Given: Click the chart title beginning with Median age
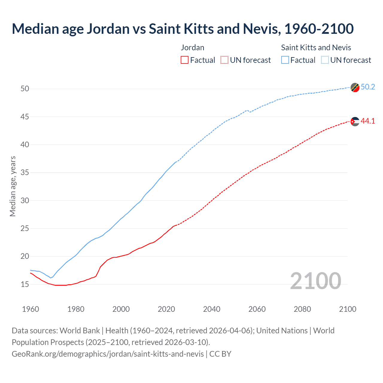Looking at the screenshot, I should coord(183,29).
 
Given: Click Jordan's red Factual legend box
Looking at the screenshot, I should coord(185,60).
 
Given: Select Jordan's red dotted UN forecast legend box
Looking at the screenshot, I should coord(224,60).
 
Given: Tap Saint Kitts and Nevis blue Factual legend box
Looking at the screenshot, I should coord(285,60).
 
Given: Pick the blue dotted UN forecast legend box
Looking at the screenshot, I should coord(325,60).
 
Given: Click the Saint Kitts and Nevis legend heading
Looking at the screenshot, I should coord(316,48).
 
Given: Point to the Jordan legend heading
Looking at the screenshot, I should coord(193,48).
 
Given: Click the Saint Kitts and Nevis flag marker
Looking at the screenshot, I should coord(355,87).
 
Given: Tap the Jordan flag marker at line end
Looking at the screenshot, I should coord(355,121).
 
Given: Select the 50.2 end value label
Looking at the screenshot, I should coord(368,87).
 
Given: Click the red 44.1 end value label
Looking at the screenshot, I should coord(368,121).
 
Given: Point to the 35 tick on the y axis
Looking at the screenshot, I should coord(25,173).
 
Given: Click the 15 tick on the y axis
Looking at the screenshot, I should coord(25,284).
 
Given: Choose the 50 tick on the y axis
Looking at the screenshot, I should coord(25,89).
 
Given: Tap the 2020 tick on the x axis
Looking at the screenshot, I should coord(166,309).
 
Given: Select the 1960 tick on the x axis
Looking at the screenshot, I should coord(31,309).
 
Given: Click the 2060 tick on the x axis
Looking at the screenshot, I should coord(257,309).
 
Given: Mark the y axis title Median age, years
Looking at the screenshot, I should coord(13,186).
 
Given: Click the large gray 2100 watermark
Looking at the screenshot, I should coord(315,281).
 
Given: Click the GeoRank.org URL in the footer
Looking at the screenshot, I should coord(108,354).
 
